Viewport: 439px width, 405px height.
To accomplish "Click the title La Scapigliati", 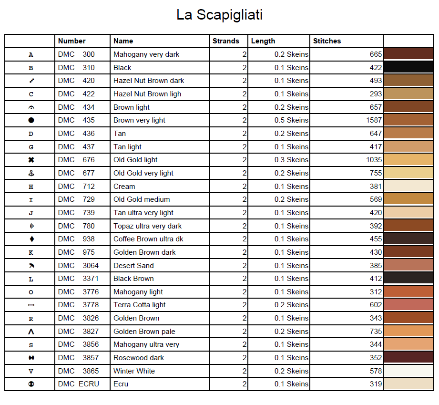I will (219, 15).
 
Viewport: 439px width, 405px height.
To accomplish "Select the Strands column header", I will (226, 41).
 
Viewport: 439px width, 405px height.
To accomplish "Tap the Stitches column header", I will (327, 41).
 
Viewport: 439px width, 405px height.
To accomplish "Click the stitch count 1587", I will (374, 120).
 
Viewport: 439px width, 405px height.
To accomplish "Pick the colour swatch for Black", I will (408, 67).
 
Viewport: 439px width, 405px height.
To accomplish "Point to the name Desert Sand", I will (133, 265).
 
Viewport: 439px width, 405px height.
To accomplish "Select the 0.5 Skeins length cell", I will (291, 120).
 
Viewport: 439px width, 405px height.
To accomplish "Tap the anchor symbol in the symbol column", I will (31, 173).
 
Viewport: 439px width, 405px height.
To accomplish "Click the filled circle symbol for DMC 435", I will (31, 120).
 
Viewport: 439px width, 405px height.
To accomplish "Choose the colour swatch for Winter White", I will (408, 371).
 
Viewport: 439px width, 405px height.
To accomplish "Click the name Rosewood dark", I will (139, 358).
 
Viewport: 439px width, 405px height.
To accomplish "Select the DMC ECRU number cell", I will (79, 384).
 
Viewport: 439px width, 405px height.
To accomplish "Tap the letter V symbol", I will (31, 371).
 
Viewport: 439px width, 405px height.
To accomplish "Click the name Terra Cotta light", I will (140, 305).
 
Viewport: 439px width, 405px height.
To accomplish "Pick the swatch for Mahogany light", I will (408, 291).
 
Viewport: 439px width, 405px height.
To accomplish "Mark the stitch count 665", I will (376, 54).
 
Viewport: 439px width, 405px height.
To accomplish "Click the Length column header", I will (263, 41).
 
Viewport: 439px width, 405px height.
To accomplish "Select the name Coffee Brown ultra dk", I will (148, 239).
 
